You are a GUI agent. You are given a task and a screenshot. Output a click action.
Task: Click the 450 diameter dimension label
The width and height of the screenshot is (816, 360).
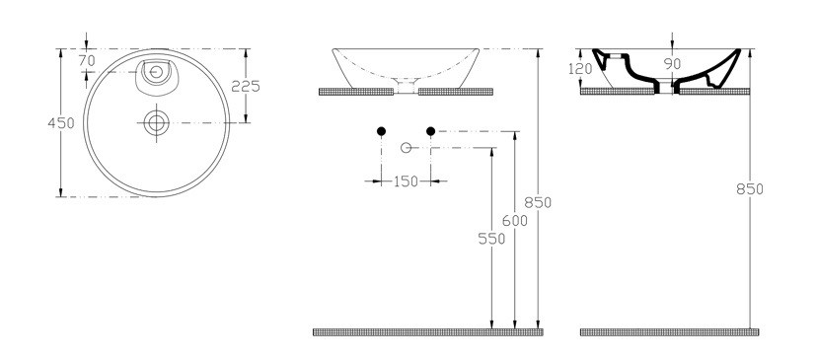pyautogui.click(x=61, y=123)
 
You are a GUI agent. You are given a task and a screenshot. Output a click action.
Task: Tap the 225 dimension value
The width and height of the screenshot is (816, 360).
pyautogui.click(x=246, y=87)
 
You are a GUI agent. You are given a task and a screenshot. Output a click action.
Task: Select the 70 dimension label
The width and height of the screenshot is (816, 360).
pyautogui.click(x=87, y=61)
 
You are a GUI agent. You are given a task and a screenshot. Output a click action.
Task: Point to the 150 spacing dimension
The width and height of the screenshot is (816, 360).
pyautogui.click(x=406, y=181)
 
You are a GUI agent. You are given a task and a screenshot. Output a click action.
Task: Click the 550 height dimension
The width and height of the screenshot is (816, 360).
pyautogui.click(x=491, y=239)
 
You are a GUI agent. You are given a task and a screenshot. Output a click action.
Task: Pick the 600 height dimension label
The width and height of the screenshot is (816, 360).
pyautogui.click(x=515, y=221)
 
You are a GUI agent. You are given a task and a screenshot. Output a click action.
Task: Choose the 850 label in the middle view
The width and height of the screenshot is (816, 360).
pyautogui.click(x=538, y=202)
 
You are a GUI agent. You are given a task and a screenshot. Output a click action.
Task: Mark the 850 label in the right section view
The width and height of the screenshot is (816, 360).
pyautogui.click(x=749, y=189)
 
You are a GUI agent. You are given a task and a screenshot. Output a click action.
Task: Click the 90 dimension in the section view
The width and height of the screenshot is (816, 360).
pyautogui.click(x=672, y=64)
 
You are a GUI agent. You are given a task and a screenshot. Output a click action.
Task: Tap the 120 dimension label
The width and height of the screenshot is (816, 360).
pyautogui.click(x=580, y=69)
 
